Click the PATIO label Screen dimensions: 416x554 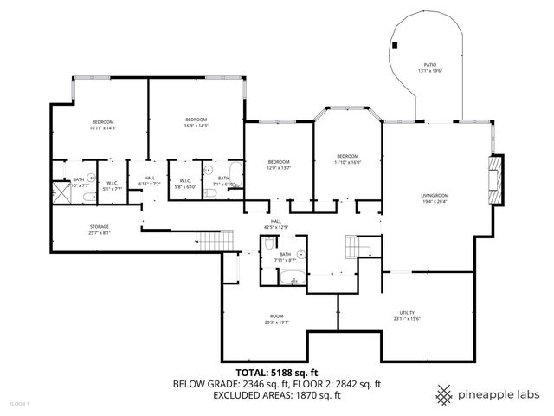(x=429, y=64)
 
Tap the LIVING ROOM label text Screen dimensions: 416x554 (x=435, y=196)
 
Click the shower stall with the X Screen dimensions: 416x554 (x=61, y=191)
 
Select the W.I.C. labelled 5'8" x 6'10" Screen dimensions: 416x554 (x=186, y=186)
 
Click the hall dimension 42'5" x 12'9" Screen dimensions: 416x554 (x=276, y=227)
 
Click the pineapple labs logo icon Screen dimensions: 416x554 (x=445, y=393)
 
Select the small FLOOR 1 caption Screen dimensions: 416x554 (x=19, y=404)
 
